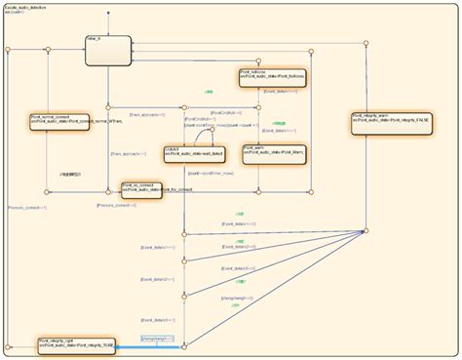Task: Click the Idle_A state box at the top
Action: point(107,50)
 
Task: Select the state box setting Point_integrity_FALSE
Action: point(391,123)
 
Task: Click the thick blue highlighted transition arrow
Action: point(146,344)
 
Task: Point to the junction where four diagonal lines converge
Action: point(365,231)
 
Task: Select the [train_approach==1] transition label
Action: point(131,154)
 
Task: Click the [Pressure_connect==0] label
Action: point(114,207)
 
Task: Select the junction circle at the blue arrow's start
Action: point(183,344)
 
